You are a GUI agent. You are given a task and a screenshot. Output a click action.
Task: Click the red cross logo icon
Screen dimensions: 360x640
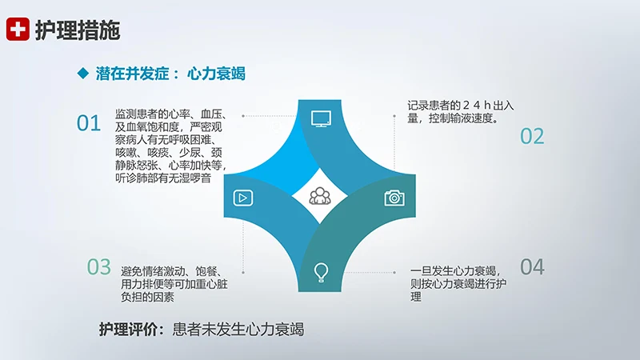[x=17, y=30]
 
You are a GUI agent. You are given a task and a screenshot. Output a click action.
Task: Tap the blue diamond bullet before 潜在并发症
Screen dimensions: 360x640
[x=82, y=74]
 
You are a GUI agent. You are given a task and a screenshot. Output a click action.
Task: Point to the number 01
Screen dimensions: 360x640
[x=89, y=123]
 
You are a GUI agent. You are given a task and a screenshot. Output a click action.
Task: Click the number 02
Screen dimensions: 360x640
[x=532, y=136]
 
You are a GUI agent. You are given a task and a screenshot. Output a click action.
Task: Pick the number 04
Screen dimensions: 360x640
[x=532, y=267]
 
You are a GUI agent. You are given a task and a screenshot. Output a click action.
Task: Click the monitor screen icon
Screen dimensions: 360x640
[x=321, y=119]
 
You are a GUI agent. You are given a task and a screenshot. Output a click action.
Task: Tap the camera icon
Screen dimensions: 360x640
[x=393, y=198]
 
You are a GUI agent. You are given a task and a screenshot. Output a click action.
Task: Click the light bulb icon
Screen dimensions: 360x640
[x=321, y=271]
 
